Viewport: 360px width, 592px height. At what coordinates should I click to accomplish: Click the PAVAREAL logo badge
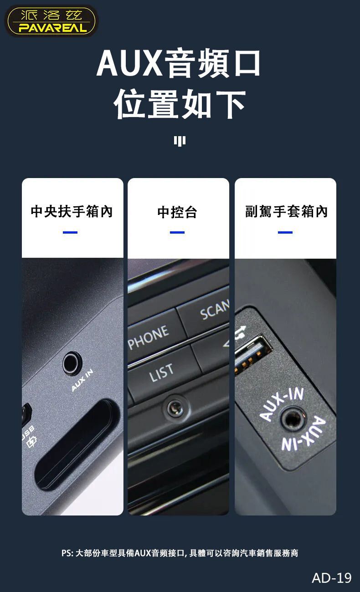point(51,21)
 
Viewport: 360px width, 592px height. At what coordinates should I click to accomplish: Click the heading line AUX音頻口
point(179,63)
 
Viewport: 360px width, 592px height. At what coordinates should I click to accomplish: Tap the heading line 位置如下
point(180,104)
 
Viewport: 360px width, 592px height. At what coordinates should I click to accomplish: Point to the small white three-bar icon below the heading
point(180,141)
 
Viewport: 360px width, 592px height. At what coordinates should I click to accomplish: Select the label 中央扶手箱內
point(72,211)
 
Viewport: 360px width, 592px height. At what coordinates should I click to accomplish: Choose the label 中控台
point(177,212)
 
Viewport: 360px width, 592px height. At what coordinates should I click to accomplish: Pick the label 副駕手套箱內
point(287,211)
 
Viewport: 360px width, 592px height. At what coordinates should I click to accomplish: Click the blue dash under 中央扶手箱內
point(70,233)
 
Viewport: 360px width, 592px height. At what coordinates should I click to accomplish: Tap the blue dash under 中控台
point(177,233)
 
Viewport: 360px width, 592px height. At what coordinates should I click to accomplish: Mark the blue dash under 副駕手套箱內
point(285,233)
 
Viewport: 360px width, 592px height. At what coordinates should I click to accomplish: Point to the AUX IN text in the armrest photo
point(82,380)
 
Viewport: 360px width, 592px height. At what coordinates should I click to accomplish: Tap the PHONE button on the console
point(154,336)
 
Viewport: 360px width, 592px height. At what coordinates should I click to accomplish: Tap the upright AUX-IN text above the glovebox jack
point(281,404)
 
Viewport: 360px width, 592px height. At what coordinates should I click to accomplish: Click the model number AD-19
point(332,578)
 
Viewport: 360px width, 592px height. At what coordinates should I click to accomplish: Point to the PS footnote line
point(180,553)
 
